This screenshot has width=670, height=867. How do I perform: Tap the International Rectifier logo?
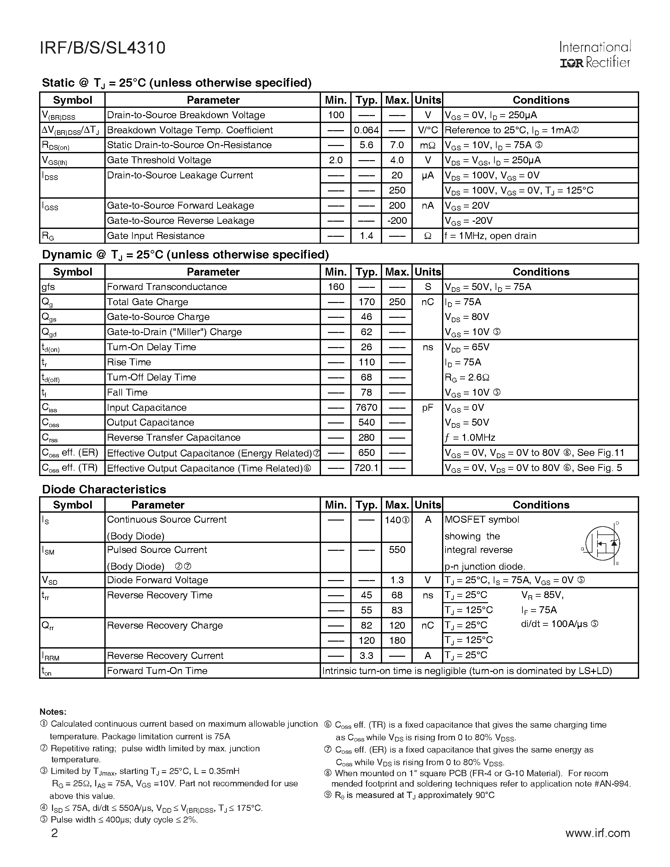pyautogui.click(x=595, y=55)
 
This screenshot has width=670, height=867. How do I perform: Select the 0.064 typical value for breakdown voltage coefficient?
pyautogui.click(x=366, y=130)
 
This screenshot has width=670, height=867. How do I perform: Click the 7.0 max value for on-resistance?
pyautogui.click(x=397, y=145)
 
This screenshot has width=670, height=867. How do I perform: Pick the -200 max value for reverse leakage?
pyautogui.click(x=397, y=221)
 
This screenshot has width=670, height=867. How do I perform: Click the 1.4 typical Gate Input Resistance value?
pyautogui.click(x=366, y=236)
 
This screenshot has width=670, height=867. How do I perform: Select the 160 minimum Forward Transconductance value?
pyautogui.click(x=336, y=287)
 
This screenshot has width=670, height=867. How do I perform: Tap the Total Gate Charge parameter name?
pyautogui.click(x=147, y=302)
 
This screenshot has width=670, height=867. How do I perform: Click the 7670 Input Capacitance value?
pyautogui.click(x=366, y=408)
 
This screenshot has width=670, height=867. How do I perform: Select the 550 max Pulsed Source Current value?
pyautogui.click(x=397, y=550)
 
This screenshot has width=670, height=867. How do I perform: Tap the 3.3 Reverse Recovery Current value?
pyautogui.click(x=366, y=655)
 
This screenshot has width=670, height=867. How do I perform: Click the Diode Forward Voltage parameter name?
pyautogui.click(x=157, y=580)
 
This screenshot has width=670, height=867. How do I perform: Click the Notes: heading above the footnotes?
pyautogui.click(x=53, y=712)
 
